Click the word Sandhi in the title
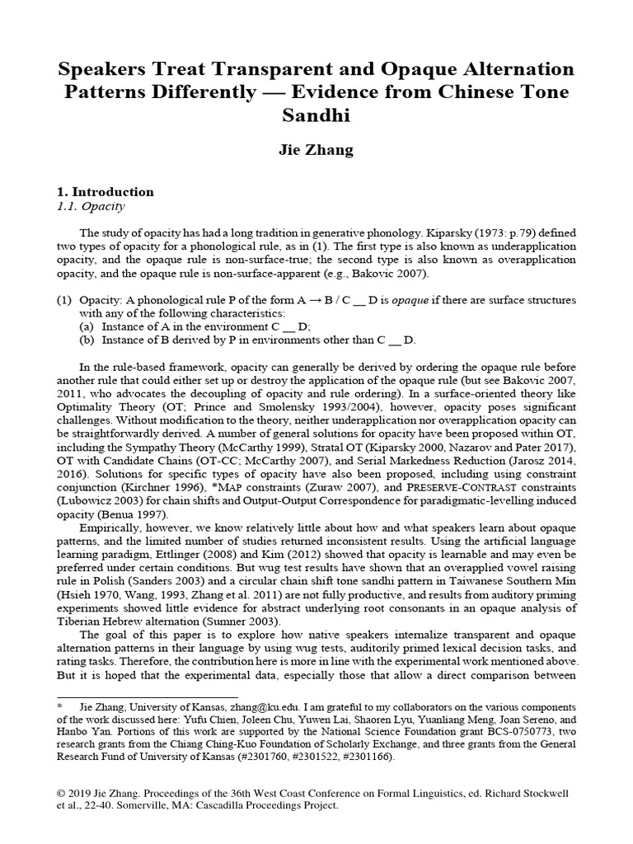tap(316, 115)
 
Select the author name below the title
tap(316, 150)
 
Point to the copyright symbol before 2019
tap(61, 793)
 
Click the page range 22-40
tap(97, 805)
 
